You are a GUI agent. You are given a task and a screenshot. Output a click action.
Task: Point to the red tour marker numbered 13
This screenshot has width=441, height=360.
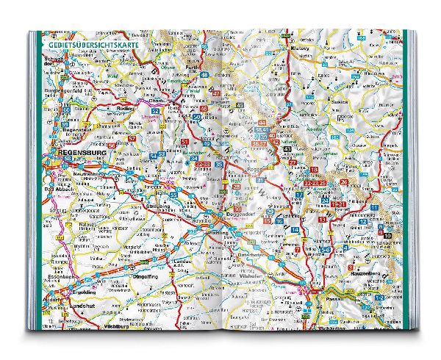pyautogui.click(x=323, y=218)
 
